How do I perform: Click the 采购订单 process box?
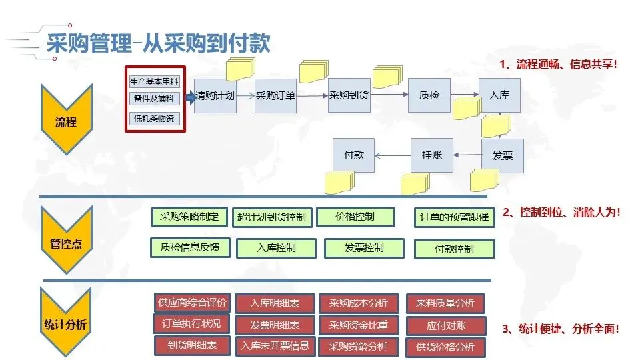pos(275,95)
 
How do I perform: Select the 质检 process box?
pos(429,95)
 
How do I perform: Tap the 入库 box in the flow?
pos(499,95)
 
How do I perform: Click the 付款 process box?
pos(353,155)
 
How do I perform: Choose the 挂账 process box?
pos(431,155)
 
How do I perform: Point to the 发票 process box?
pos(502,156)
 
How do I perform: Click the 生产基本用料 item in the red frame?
pos(155,82)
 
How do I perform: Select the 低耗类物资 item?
pos(155,119)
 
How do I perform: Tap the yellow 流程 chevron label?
pos(65,122)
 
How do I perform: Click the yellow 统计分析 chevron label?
pos(65,325)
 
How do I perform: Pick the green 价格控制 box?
pos(355,217)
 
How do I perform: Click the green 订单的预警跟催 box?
pos(455,217)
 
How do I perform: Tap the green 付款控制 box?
pos(455,249)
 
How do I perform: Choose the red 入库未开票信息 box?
pos(275,345)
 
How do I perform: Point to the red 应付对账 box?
pos(446,325)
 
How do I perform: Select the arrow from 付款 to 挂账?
pos(393,156)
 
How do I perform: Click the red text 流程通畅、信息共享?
pos(559,65)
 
